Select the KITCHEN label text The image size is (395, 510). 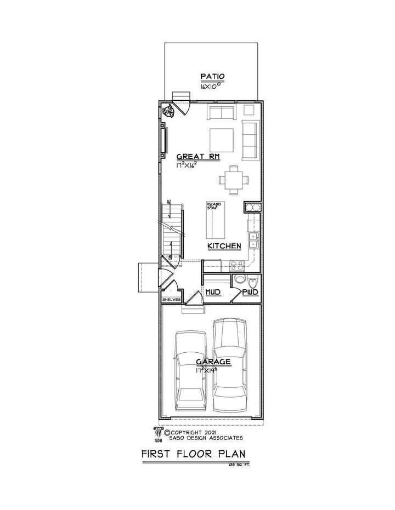tap(224, 247)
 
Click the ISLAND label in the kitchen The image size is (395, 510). tap(213, 204)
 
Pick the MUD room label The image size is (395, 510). tap(213, 294)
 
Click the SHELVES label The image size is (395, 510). tap(171, 300)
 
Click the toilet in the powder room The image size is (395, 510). tap(252, 283)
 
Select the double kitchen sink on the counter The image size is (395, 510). tap(254, 239)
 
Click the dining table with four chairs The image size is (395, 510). tap(233, 179)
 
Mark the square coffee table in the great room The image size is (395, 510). tap(222, 136)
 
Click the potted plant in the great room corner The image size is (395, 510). tap(168, 111)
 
